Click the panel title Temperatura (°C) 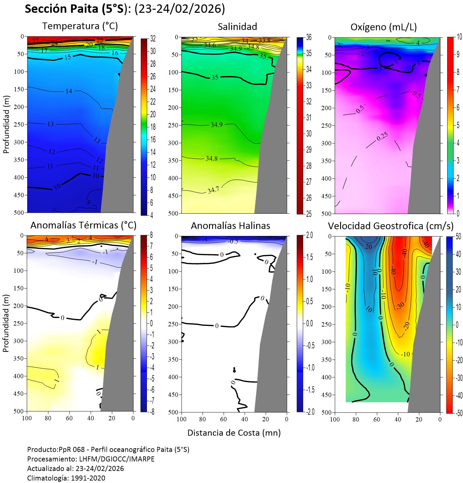[80, 26]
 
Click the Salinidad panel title [237, 27]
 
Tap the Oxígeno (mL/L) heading [383, 27]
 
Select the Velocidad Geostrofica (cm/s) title [391, 226]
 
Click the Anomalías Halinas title [230, 226]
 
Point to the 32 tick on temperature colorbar [153, 39]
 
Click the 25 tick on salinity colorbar [309, 214]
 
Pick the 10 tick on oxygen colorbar [458, 37]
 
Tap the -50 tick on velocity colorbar [459, 413]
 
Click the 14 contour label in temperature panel [69, 91]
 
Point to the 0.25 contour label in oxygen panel [382, 136]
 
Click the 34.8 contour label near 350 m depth [212, 159]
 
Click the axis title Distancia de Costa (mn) [234, 433]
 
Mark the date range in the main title [180, 9]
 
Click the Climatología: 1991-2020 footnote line [66, 478]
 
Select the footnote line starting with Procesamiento [91, 459]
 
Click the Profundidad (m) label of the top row [6, 124]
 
